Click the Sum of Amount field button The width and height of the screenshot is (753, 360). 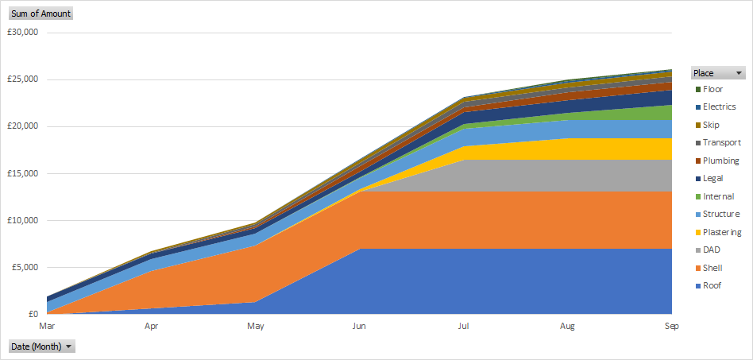pyautogui.click(x=41, y=14)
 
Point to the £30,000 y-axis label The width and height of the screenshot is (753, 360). pyautogui.click(x=23, y=33)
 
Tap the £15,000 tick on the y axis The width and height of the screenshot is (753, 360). pyautogui.click(x=23, y=173)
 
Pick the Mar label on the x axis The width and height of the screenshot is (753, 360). pyautogui.click(x=48, y=326)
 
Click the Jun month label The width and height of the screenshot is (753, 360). pyautogui.click(x=359, y=326)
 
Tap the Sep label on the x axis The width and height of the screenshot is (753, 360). pyautogui.click(x=670, y=326)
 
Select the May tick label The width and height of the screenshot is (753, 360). pyautogui.click(x=256, y=326)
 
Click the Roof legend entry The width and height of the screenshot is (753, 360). pyautogui.click(x=712, y=285)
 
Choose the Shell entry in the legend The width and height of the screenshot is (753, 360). pyautogui.click(x=712, y=268)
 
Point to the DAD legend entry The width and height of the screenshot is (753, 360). pyautogui.click(x=712, y=250)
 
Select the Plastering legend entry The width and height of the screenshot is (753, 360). pyautogui.click(x=721, y=232)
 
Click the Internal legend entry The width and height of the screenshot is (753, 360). pyautogui.click(x=718, y=196)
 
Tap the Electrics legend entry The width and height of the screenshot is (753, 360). pyautogui.click(x=719, y=106)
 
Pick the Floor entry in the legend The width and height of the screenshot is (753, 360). pyautogui.click(x=712, y=89)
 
